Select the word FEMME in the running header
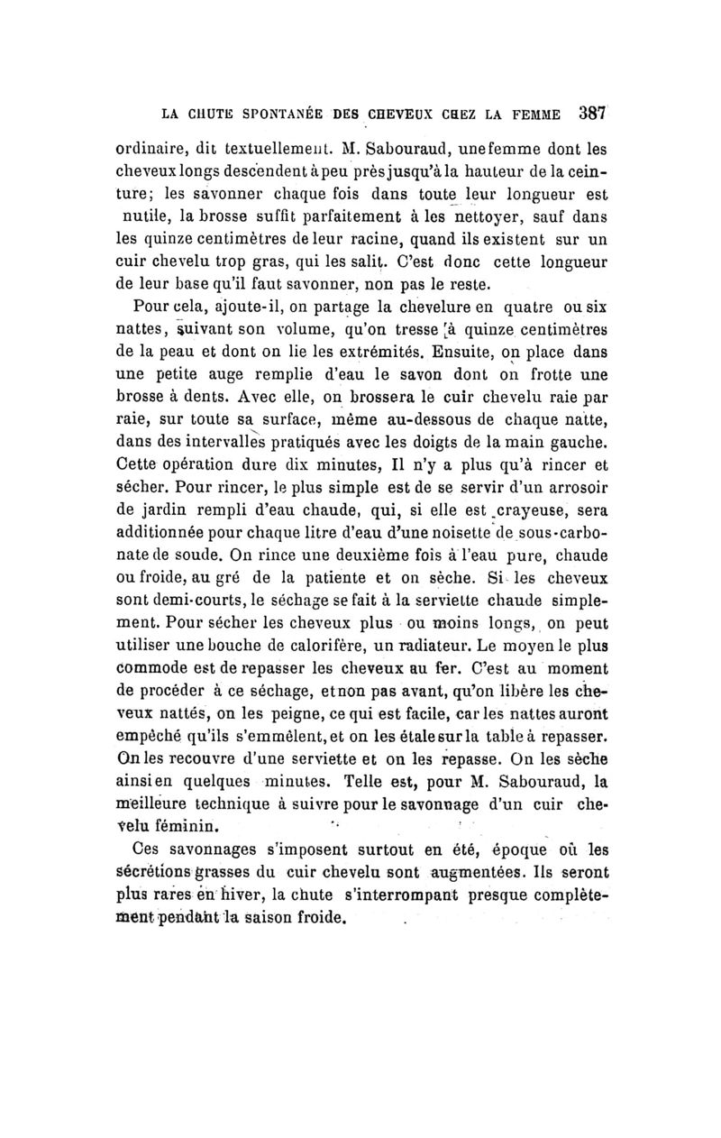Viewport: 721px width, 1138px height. coord(540,115)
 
